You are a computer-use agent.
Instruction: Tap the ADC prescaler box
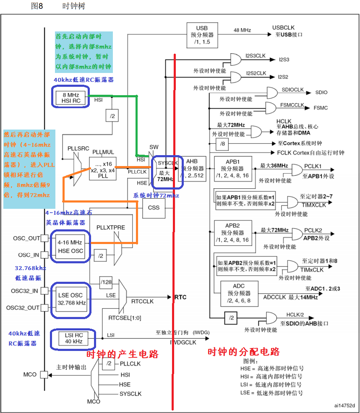[239, 293]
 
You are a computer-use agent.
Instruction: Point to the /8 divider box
[222, 145]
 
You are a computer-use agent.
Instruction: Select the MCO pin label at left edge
[31, 374]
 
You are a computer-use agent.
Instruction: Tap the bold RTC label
[180, 297]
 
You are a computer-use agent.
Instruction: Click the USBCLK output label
[283, 28]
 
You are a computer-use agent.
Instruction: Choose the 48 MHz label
[242, 30]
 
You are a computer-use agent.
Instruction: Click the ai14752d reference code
[344, 405]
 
